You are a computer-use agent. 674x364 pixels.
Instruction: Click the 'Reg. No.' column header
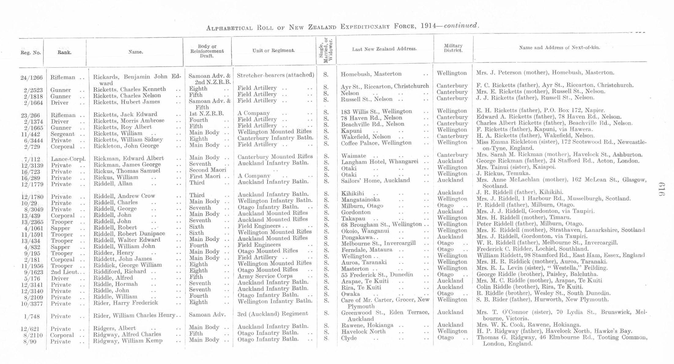pyautogui.click(x=31, y=53)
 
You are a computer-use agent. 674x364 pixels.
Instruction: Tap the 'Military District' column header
pyautogui.click(x=453, y=48)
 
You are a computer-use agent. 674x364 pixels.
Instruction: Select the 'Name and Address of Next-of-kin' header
pyautogui.click(x=559, y=48)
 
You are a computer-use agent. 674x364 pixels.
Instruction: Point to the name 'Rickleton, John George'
pyautogui.click(x=126, y=146)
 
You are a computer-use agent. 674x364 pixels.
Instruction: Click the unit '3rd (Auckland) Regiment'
pyautogui.click(x=272, y=314)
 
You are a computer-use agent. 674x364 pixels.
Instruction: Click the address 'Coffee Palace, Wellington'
pyautogui.click(x=376, y=143)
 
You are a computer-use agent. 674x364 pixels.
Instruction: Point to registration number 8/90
pyautogui.click(x=30, y=342)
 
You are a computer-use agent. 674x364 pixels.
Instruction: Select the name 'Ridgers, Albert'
pyautogui.click(x=115, y=328)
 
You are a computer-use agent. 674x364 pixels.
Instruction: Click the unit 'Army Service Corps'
pyautogui.click(x=265, y=276)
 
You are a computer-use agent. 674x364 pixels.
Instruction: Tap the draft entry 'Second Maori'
pyautogui.click(x=208, y=170)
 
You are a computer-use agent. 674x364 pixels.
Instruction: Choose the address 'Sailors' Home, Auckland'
pyautogui.click(x=375, y=180)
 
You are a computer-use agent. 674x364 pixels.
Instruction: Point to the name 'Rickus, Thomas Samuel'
pyautogui.click(x=127, y=171)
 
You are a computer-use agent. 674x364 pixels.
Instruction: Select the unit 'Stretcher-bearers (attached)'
pyautogui.click(x=275, y=75)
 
